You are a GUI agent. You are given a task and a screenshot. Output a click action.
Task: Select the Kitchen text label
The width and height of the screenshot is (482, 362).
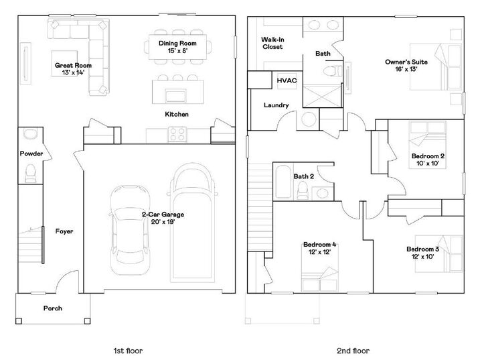(x=177, y=115)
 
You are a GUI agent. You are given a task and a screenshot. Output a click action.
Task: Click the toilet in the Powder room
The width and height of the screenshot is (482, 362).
(x=29, y=176)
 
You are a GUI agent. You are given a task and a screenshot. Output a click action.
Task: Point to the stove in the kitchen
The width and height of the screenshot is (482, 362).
(x=177, y=134)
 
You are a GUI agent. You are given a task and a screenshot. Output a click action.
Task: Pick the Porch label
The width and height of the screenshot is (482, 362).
(x=53, y=308)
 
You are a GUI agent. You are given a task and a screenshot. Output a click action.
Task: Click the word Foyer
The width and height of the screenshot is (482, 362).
(x=65, y=231)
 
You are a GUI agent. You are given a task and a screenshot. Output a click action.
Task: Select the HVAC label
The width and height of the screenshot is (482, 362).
(x=287, y=80)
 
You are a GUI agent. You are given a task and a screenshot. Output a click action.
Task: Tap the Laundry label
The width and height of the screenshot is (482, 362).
(x=276, y=105)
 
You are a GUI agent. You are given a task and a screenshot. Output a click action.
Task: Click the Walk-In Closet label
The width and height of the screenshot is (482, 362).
(x=272, y=44)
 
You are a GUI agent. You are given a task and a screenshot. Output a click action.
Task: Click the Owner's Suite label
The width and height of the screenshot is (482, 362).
(x=402, y=65)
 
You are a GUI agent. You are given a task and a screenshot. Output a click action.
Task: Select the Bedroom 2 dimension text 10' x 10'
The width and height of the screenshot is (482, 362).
(x=428, y=164)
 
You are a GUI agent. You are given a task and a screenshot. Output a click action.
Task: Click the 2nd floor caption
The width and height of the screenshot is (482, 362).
(x=353, y=350)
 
